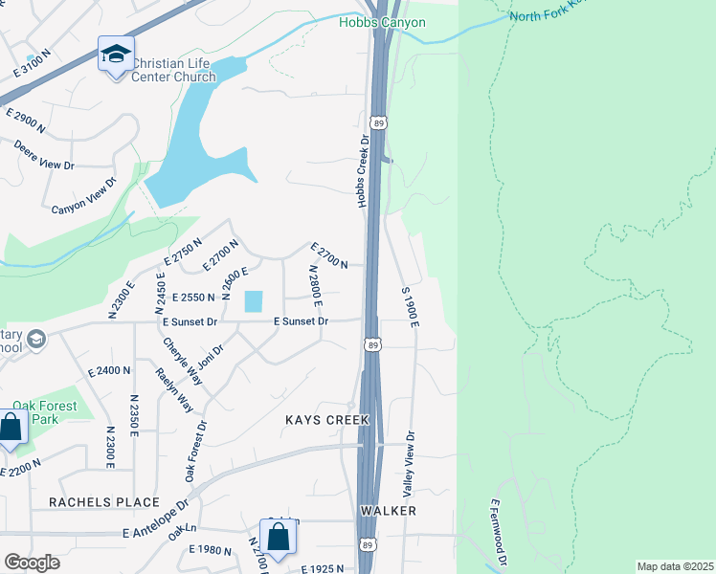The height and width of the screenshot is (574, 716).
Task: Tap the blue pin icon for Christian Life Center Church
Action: [116, 56]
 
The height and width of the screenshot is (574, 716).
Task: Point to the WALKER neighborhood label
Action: [388, 511]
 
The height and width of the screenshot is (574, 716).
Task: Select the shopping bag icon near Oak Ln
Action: [278, 538]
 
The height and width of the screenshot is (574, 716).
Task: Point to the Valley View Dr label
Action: [409, 463]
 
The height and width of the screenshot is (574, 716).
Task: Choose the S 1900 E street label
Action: [411, 306]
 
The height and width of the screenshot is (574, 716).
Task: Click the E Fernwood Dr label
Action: [496, 532]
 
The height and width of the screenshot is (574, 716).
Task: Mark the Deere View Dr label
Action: [44, 156]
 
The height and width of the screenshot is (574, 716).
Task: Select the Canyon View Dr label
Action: [84, 195]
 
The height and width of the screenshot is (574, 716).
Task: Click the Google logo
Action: [32, 562]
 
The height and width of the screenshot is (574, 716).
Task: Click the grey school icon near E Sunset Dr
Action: [36, 339]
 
